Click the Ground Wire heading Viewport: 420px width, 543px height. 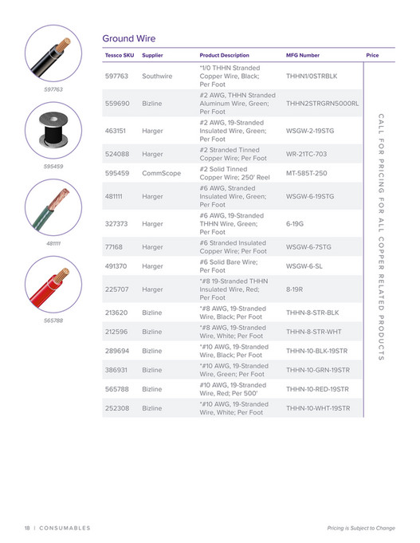coord(128,38)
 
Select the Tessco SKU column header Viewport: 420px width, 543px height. coord(119,56)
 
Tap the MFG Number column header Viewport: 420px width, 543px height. coord(303,56)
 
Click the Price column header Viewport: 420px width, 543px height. coord(372,56)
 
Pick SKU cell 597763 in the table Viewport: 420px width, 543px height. coord(116,77)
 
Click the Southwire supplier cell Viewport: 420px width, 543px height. coord(157,77)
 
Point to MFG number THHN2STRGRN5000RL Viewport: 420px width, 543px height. coord(322,104)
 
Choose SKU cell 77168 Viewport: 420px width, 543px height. coord(115,247)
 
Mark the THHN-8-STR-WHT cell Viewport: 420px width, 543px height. coord(312,332)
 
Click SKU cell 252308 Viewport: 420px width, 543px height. coord(116,407)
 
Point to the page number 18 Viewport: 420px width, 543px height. coord(27,528)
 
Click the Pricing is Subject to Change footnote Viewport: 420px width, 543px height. coord(360,528)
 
